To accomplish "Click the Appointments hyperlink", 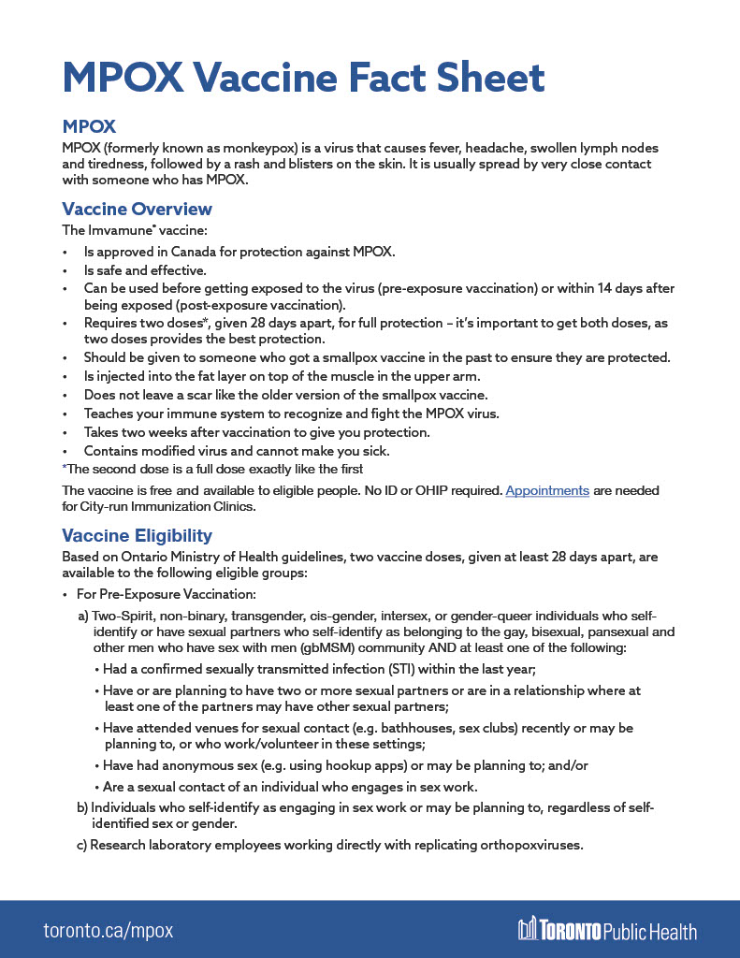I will point(547,490).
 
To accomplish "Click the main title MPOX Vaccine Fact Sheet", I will point(303,77).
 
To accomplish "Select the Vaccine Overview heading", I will point(137,209).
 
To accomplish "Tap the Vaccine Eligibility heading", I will point(137,535).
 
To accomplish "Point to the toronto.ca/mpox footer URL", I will point(109,931).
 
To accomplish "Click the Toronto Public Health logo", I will point(607,930).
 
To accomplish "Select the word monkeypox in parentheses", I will point(229,149).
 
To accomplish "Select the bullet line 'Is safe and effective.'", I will point(144,270).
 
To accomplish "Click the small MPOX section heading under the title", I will point(89,126).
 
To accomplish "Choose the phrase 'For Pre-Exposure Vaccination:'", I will point(166,595).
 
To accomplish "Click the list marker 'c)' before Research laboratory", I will point(82,845).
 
